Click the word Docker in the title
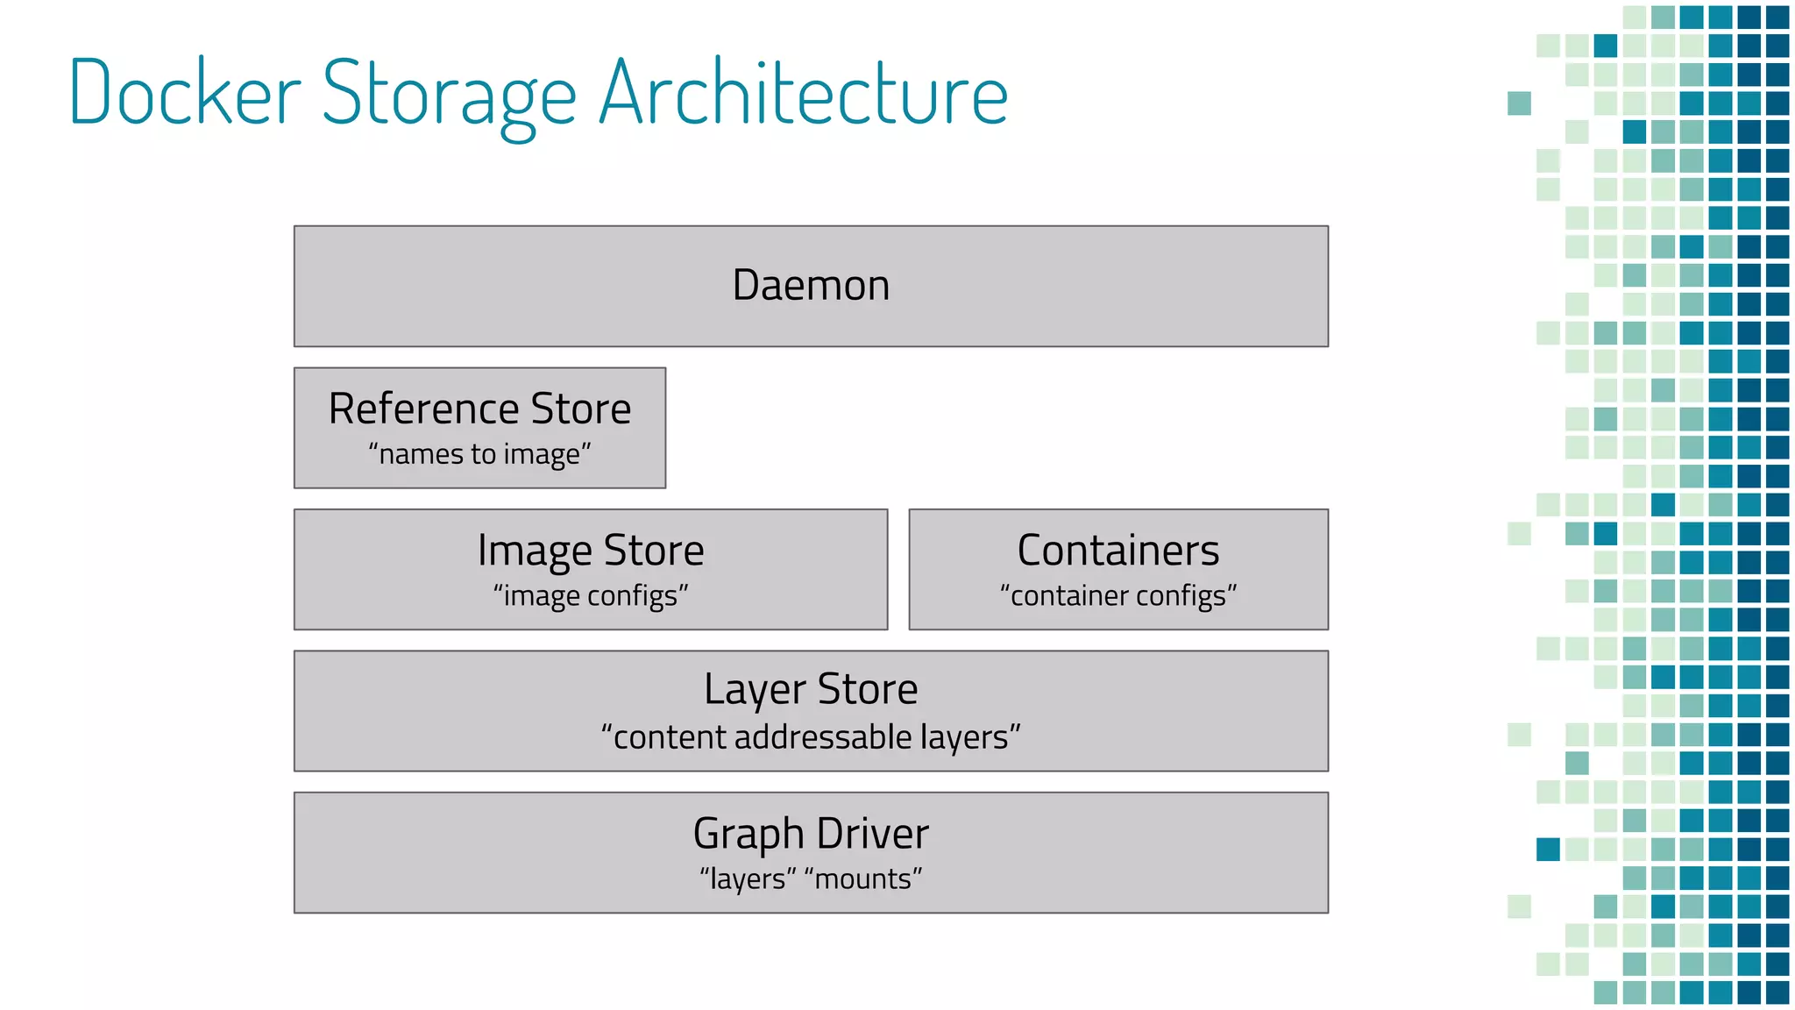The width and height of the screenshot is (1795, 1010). click(x=185, y=93)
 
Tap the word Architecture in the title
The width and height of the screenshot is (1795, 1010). click(x=804, y=93)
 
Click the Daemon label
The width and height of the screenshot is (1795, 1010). click(x=811, y=286)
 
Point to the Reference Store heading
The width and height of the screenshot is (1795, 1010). click(x=479, y=409)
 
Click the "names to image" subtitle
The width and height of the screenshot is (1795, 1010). click(x=479, y=454)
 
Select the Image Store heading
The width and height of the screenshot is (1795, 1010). click(x=591, y=551)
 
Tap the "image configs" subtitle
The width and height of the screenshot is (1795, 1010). click(x=591, y=596)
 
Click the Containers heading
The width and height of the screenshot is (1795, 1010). click(x=1118, y=551)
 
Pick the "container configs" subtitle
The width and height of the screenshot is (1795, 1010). click(x=1118, y=596)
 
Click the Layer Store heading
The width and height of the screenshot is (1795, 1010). click(x=811, y=689)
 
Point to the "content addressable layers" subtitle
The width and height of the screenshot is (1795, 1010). click(x=811, y=737)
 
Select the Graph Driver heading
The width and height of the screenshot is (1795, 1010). click(x=811, y=834)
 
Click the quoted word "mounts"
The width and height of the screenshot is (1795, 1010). click(x=863, y=878)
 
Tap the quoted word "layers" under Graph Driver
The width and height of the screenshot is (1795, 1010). click(x=748, y=878)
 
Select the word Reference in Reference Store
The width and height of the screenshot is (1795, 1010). click(x=424, y=409)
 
